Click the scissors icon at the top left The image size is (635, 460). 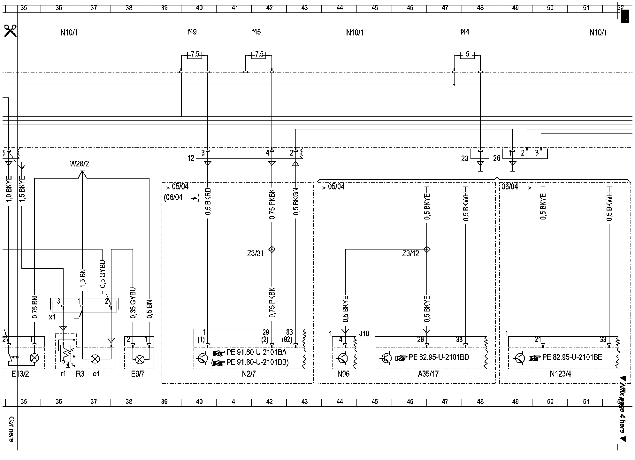[10, 31]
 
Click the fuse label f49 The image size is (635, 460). [192, 32]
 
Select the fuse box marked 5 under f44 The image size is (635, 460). [467, 55]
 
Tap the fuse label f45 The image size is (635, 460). [256, 32]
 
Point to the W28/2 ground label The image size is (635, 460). [79, 164]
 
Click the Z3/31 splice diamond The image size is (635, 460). [272, 249]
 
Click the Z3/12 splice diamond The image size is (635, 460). [427, 249]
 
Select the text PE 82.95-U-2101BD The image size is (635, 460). [439, 357]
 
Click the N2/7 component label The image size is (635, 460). [249, 373]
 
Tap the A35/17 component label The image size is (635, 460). [428, 373]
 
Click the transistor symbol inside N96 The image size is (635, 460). [343, 358]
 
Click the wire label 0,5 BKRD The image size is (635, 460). [208, 201]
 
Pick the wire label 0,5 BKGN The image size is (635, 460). [296, 201]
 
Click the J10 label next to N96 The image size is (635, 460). [364, 334]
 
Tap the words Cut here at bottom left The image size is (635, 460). [11, 429]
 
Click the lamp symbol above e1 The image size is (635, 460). [95, 359]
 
